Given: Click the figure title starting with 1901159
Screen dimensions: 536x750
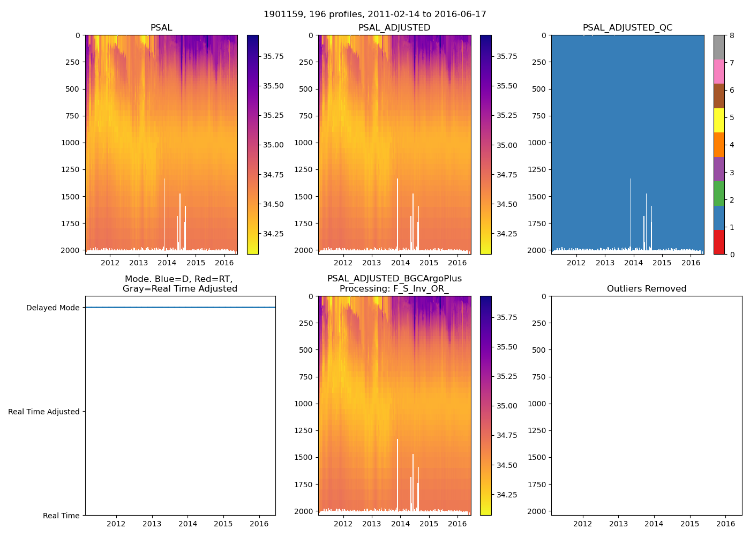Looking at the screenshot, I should [x=375, y=14].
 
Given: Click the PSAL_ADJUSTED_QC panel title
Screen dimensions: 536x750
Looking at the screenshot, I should [x=627, y=28].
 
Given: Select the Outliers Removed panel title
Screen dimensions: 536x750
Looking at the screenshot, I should [x=647, y=289].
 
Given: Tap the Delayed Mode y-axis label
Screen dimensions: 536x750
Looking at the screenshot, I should [x=52, y=308].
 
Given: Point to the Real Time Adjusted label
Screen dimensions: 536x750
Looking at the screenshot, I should [x=44, y=412].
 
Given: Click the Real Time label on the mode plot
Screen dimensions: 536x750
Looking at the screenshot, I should [x=61, y=516].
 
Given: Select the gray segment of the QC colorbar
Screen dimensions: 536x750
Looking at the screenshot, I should [x=719, y=47].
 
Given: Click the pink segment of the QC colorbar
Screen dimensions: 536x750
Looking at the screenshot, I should [x=719, y=71].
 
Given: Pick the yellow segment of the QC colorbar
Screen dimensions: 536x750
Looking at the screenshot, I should [x=719, y=120].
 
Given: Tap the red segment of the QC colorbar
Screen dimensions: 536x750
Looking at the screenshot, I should [x=719, y=242].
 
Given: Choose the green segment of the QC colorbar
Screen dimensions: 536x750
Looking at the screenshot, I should [x=719, y=193].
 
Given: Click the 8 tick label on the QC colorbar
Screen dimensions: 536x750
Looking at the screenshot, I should [x=732, y=35].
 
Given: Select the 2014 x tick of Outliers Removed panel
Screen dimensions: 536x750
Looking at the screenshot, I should [x=654, y=524].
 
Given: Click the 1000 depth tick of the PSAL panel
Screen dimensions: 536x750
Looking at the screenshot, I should [x=71, y=143].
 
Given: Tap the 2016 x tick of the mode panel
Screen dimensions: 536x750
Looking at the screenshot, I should [x=259, y=524].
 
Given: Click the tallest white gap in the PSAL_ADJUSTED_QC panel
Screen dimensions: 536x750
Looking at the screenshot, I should [x=631, y=214].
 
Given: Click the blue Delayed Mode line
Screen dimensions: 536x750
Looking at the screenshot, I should [x=180, y=308].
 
